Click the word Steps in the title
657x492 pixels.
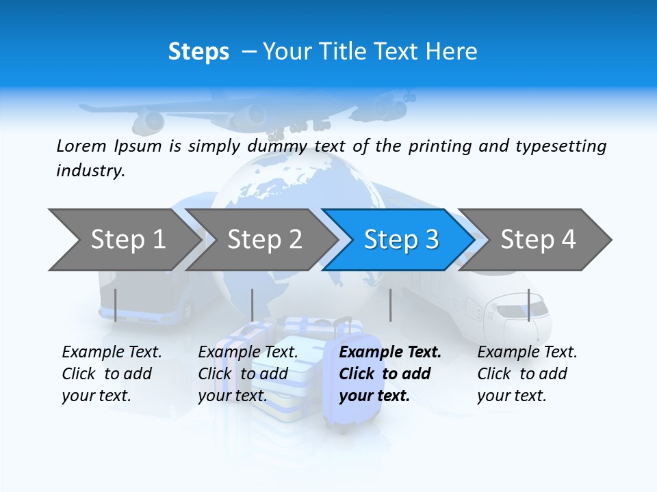click(x=198, y=52)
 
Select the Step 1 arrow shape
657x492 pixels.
click(x=123, y=240)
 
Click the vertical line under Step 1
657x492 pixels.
click(x=116, y=305)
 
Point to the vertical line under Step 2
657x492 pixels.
click(x=253, y=305)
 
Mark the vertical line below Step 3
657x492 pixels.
click(x=390, y=305)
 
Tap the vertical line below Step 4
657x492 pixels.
click(x=528, y=305)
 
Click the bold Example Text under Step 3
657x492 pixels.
click(x=390, y=353)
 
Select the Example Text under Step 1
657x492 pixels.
click(x=112, y=353)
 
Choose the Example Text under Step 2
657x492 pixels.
click(x=248, y=353)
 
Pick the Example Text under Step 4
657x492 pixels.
click(x=527, y=353)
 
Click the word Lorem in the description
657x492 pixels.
click(x=81, y=146)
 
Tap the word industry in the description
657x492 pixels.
click(x=90, y=171)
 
